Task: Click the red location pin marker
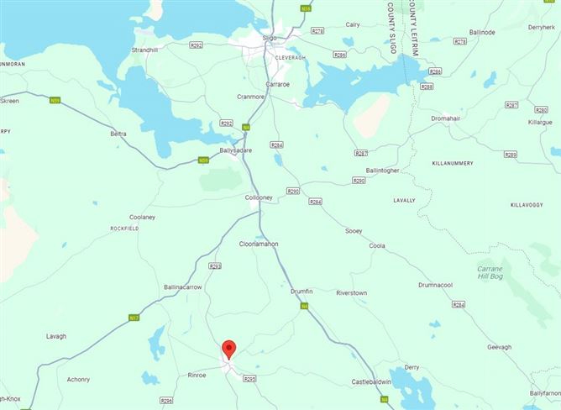(228, 350)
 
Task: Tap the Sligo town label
(269, 39)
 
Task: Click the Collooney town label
(258, 197)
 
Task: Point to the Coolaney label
(142, 217)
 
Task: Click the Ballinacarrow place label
(183, 287)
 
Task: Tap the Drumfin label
(301, 291)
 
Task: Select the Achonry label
(78, 380)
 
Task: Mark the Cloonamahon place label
(259, 244)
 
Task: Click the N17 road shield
(134, 318)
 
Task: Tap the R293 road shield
(214, 266)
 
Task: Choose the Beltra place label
(118, 134)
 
